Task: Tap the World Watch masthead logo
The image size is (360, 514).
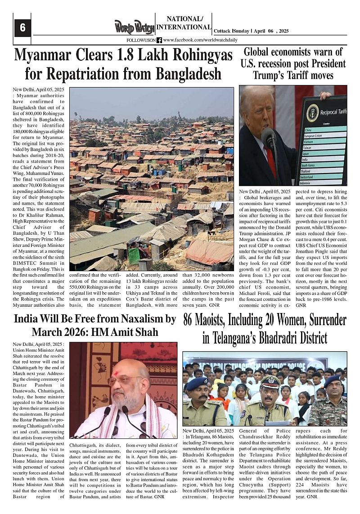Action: (x=134, y=27)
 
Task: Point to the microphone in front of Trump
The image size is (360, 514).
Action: (x=269, y=137)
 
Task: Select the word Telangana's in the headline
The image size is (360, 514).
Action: (x=243, y=338)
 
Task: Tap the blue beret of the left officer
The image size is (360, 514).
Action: (x=197, y=383)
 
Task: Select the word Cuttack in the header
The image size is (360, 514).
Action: (x=223, y=31)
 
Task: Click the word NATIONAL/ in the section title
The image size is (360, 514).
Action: (x=184, y=19)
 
